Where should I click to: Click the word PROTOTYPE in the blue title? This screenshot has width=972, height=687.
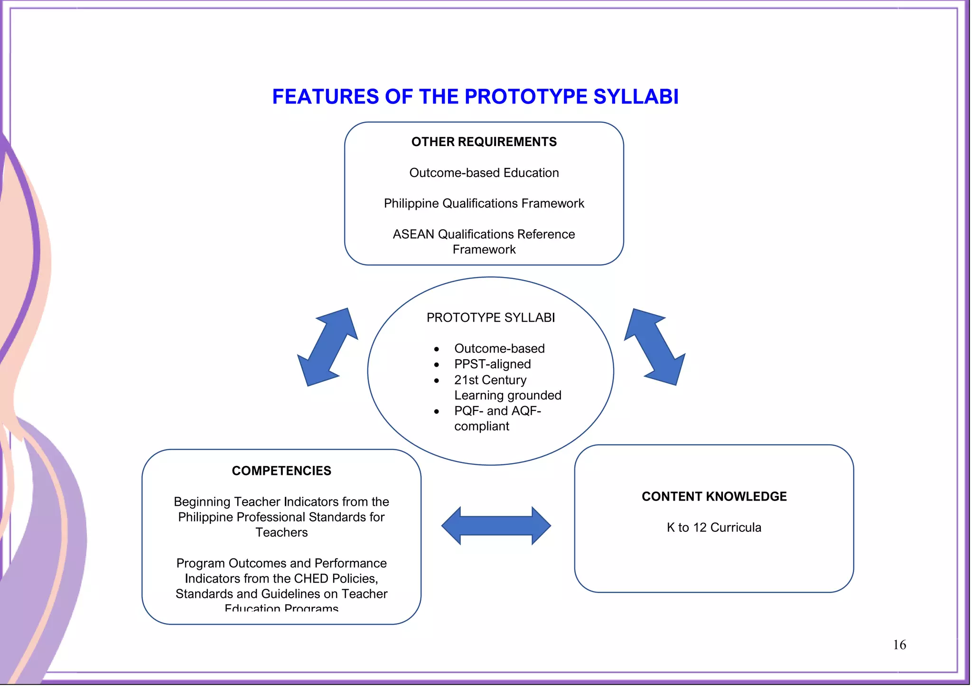click(526, 97)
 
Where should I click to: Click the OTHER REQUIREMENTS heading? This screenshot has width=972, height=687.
click(484, 142)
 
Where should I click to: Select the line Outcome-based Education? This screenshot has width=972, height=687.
click(484, 173)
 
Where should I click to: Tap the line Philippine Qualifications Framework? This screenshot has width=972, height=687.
click(484, 204)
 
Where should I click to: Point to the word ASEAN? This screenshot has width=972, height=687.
click(413, 234)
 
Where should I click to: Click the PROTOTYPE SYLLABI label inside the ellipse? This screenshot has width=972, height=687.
click(490, 317)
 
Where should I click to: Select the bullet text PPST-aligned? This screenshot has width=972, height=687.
click(492, 364)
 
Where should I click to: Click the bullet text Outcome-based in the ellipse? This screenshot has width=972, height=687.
click(499, 349)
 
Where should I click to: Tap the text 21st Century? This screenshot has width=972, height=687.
click(490, 380)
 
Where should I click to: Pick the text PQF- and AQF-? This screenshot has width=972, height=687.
click(497, 411)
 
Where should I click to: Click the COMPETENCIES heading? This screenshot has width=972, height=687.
click(281, 471)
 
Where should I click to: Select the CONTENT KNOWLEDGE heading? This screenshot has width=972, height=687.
click(714, 496)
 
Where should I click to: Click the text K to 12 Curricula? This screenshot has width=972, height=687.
click(714, 527)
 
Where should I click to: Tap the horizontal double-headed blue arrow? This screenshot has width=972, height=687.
click(496, 526)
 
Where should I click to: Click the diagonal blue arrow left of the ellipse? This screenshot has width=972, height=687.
click(327, 347)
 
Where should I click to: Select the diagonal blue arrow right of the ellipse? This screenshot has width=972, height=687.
click(655, 347)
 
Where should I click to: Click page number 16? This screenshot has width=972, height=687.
click(899, 645)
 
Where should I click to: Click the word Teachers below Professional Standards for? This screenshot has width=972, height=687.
click(281, 532)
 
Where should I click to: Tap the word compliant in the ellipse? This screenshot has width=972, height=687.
click(481, 426)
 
